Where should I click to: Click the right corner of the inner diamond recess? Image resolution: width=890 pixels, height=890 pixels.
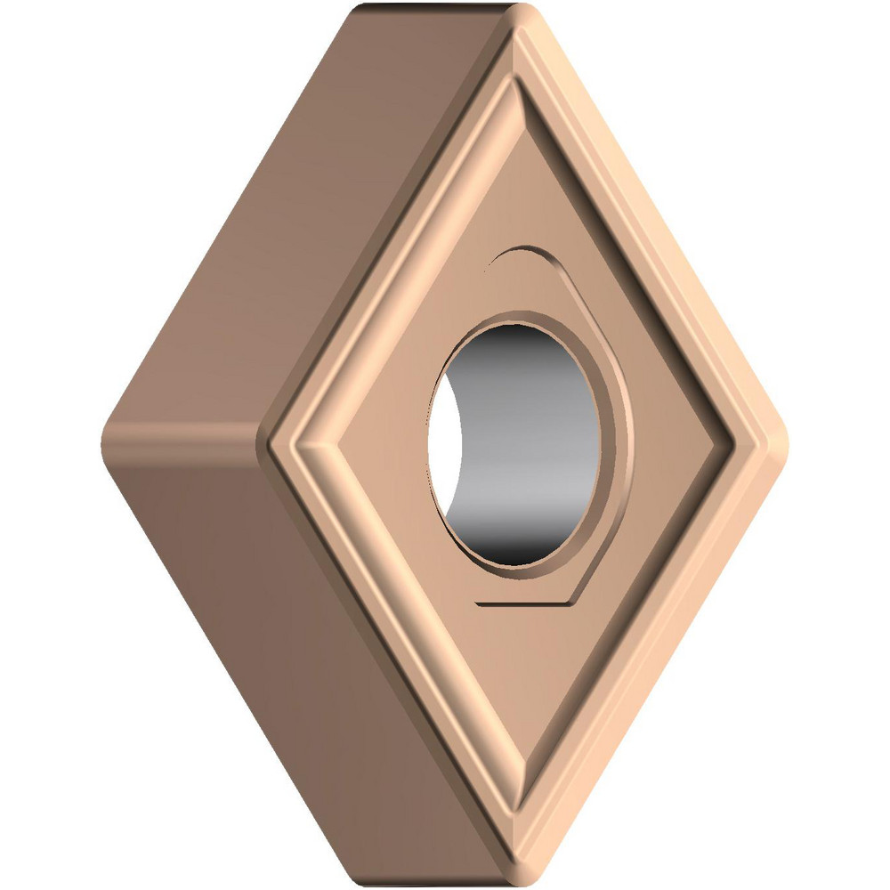click(x=730, y=441)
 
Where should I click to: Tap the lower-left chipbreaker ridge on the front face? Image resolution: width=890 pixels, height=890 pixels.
click(x=400, y=623)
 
